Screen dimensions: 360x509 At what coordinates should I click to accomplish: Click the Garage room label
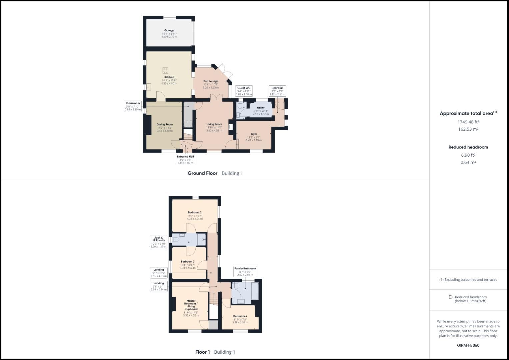169,30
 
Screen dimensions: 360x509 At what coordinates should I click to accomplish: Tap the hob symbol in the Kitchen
165,70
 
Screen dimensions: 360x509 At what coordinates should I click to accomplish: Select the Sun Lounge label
211,81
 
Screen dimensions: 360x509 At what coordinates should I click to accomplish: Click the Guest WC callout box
244,91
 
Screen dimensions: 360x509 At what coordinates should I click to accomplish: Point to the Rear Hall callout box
277,91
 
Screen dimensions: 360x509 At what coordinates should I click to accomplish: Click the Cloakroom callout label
133,106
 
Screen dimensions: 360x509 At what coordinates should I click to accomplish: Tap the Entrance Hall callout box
185,159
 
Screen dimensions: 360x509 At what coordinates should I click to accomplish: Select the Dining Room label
165,124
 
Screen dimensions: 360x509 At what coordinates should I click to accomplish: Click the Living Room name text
214,124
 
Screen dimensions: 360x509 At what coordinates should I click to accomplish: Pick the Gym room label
254,134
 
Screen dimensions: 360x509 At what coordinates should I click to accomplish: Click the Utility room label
261,108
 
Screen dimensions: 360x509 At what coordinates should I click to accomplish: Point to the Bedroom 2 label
194,212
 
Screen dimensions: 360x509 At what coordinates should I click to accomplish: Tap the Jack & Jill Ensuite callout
158,242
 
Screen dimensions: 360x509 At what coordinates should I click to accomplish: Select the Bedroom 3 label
187,262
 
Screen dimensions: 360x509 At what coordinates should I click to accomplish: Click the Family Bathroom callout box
245,271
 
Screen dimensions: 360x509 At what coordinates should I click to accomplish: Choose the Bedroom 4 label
240,316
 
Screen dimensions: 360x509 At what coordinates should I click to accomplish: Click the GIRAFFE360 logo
468,345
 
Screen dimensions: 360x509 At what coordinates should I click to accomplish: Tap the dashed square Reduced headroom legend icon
450,297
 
